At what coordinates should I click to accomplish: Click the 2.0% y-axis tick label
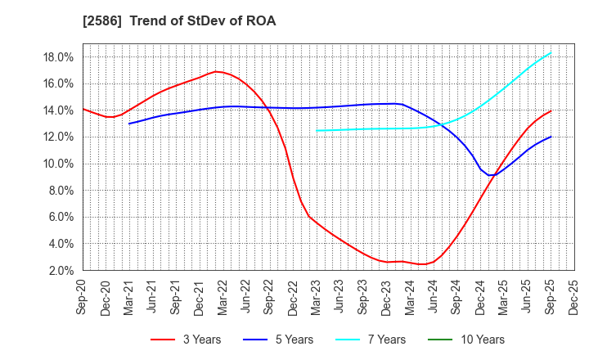pyautogui.click(x=61, y=271)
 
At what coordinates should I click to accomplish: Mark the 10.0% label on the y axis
pyautogui.click(x=59, y=164)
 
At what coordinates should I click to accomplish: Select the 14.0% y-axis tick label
pyautogui.click(x=59, y=110)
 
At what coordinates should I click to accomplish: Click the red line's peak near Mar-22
pyautogui.click(x=216, y=71)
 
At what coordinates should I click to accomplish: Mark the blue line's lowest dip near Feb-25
pyautogui.click(x=490, y=175)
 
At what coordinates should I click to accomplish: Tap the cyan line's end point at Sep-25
pyautogui.click(x=551, y=52)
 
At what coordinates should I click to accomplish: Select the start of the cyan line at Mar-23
pyautogui.click(x=317, y=130)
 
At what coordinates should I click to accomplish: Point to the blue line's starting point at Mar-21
pyautogui.click(x=129, y=124)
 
